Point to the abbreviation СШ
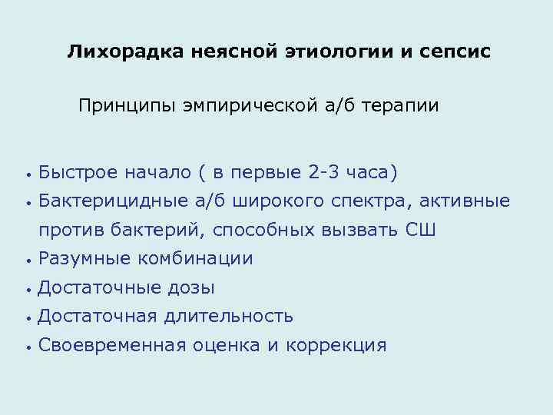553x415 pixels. [420, 230]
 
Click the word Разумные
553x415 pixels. [84, 259]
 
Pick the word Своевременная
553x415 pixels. [111, 345]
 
